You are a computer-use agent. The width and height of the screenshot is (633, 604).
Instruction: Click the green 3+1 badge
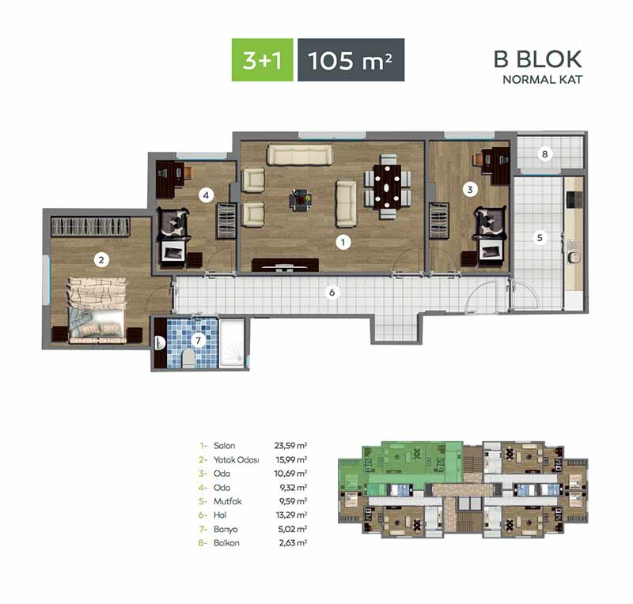tap(262, 60)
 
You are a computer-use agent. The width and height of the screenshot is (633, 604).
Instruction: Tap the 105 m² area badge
tap(351, 60)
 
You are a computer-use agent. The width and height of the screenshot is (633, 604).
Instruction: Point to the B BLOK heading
tap(538, 59)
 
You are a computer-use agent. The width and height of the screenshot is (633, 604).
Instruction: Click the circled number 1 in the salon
tap(343, 242)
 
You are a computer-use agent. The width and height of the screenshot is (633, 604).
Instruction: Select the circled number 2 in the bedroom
tap(101, 260)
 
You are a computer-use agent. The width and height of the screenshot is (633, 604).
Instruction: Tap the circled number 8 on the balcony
tap(545, 153)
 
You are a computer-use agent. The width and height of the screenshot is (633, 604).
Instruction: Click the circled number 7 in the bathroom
tap(198, 341)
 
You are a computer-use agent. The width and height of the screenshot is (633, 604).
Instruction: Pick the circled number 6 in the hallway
tap(332, 292)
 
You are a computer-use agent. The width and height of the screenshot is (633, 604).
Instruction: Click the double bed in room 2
tap(97, 310)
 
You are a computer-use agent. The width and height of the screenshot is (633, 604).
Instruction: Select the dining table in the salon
tap(387, 187)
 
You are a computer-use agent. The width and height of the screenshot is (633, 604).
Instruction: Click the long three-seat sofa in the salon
tap(300, 154)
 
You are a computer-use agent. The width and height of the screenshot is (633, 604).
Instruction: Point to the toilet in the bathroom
tap(188, 359)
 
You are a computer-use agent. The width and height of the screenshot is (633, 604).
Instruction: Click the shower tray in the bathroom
tap(232, 343)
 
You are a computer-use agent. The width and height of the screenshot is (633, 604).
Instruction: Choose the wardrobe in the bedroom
tap(90, 227)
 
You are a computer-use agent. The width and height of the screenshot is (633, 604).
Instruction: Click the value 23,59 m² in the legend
tap(290, 445)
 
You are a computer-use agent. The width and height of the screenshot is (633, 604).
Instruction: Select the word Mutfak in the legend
tap(228, 501)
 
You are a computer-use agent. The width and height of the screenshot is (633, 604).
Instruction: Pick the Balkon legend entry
tap(226, 542)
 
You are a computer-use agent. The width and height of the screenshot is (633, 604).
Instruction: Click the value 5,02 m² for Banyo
tap(293, 529)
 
